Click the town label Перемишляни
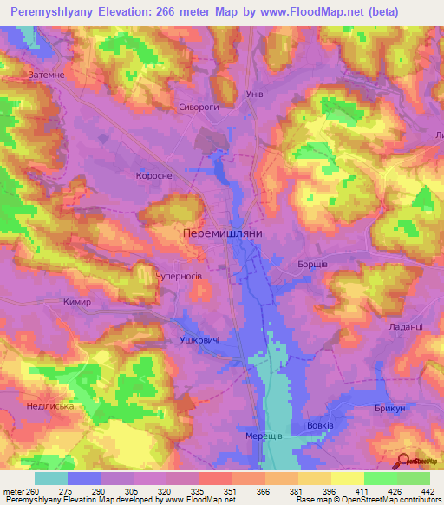[224, 234]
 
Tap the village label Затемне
[46, 75]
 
